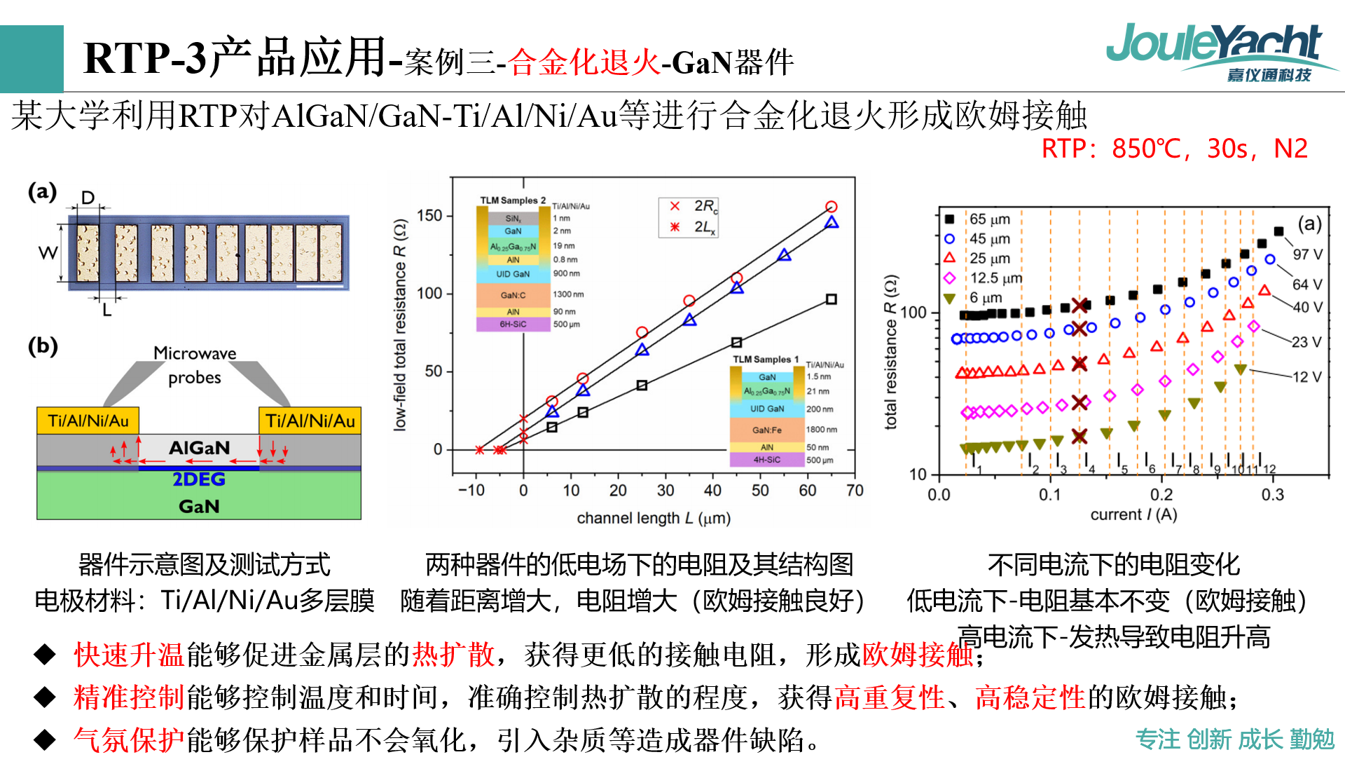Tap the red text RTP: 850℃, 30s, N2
click(1174, 149)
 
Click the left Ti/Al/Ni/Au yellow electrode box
click(88, 421)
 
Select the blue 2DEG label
click(199, 479)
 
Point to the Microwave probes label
click(195, 365)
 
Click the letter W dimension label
click(48, 253)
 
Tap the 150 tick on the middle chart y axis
click(429, 215)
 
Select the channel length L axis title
click(653, 518)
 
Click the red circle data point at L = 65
click(831, 207)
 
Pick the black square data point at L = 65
click(831, 299)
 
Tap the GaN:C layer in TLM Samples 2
click(513, 295)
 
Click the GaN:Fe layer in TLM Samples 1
click(766, 430)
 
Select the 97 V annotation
click(1307, 254)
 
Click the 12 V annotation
click(1307, 377)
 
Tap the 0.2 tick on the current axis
click(1161, 495)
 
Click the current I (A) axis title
click(1133, 514)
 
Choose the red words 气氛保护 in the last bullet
click(129, 739)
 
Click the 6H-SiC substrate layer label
click(513, 325)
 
